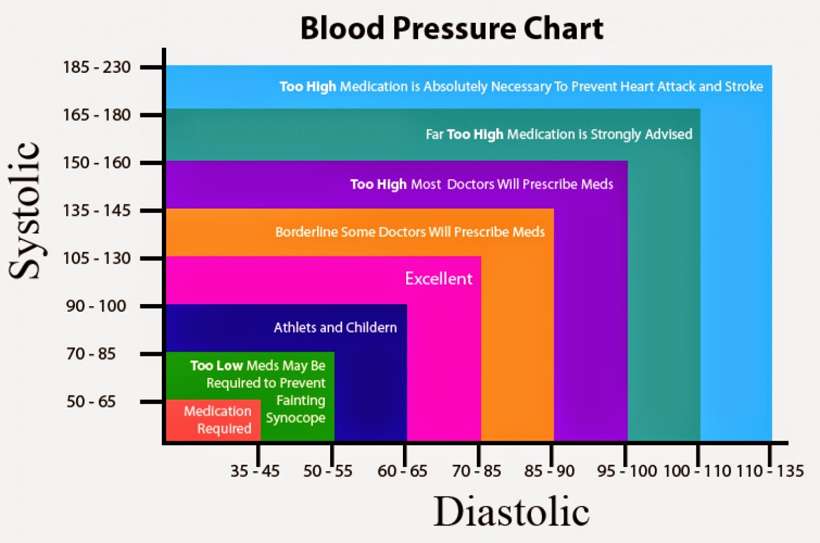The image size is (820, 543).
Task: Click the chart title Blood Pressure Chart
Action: point(452,28)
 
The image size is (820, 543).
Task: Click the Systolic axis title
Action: point(25,211)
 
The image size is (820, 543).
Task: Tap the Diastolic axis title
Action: point(511,511)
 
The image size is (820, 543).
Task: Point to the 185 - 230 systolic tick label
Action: point(97,67)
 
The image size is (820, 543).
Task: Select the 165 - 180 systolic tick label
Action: point(97,115)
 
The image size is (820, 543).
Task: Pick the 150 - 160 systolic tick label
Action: point(97,162)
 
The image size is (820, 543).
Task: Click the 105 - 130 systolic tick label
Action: point(97,258)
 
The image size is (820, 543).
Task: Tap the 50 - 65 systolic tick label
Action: point(91,401)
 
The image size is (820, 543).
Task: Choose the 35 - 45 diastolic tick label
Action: point(255,471)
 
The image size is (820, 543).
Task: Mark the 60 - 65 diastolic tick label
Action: point(402,471)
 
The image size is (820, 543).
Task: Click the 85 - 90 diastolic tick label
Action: point(549,471)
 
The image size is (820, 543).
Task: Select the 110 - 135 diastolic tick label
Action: point(770,471)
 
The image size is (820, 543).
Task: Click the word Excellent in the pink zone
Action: point(438,279)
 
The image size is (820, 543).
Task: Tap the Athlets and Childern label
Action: point(335,328)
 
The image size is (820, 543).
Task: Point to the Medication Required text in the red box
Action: point(218,420)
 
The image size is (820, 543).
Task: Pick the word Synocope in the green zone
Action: point(295,418)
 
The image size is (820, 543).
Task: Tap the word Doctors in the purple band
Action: point(470,184)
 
